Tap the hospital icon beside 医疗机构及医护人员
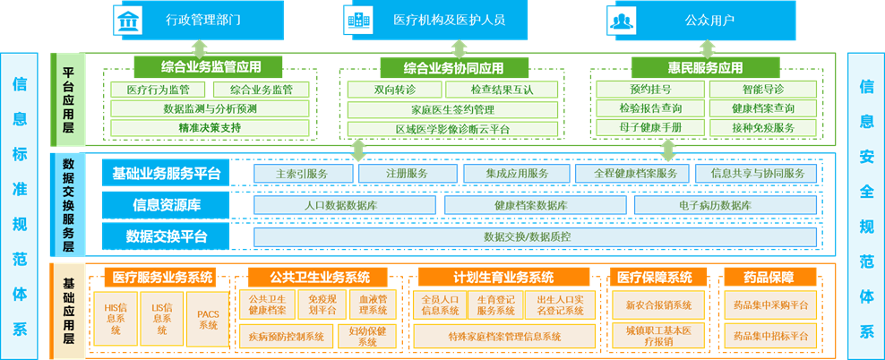coord(358,18)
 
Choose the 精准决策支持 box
coord(210,128)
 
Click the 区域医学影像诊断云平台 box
coord(452,128)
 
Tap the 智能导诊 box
coord(762,90)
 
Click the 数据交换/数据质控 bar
coord(535,237)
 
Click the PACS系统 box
coord(208,320)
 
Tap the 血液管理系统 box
coord(372,304)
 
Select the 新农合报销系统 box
coord(658,304)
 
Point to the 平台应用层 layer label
coord(68,99)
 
